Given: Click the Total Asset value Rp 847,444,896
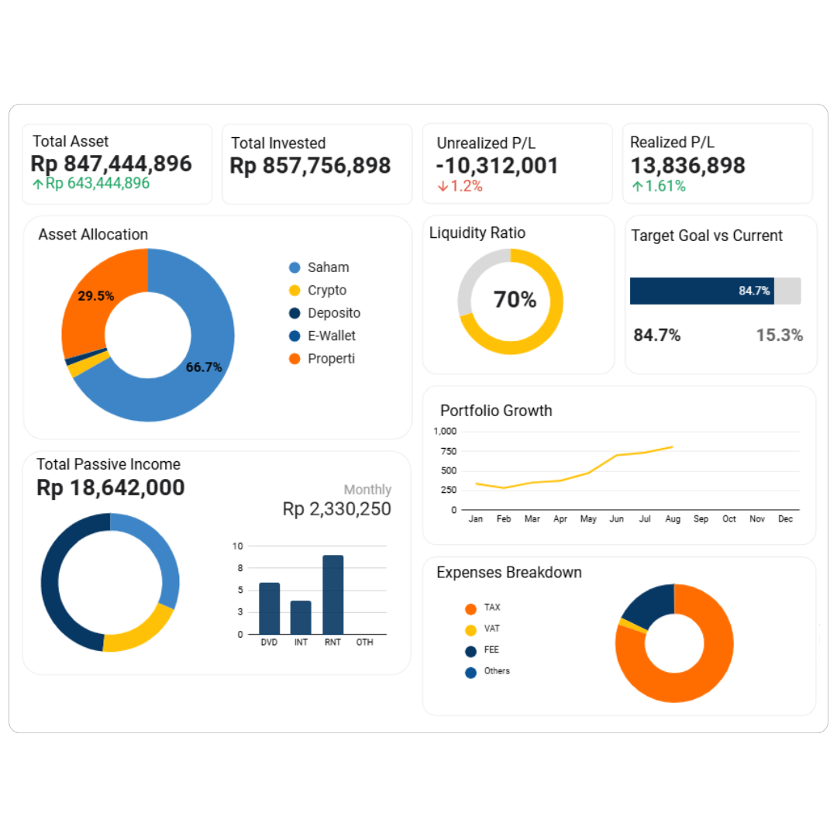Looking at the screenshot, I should pos(111,164).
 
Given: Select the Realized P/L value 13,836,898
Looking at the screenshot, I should pos(687,165).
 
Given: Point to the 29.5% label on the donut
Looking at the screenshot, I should pos(96,295).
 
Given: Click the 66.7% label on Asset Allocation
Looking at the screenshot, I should pos(204,367).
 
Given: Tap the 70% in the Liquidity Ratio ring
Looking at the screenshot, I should pos(515,300).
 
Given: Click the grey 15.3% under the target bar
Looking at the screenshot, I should pos(779,336).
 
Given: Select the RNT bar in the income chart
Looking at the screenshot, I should pos(332,594).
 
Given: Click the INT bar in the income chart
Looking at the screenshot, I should pos(301,617).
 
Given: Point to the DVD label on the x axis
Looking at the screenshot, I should pos(269,642).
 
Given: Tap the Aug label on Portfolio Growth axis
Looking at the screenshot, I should pos(673,519).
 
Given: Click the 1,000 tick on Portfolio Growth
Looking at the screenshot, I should pos(446,431).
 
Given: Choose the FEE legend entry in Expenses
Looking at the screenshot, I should pos(491,650).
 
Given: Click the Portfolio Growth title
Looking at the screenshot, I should pos(496,411).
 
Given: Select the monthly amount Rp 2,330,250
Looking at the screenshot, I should pos(336,509).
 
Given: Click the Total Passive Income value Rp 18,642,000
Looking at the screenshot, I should pos(111,487).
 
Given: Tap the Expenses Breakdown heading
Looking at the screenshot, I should pos(509,573).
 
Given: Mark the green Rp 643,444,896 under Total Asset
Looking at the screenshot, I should pos(97,184).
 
